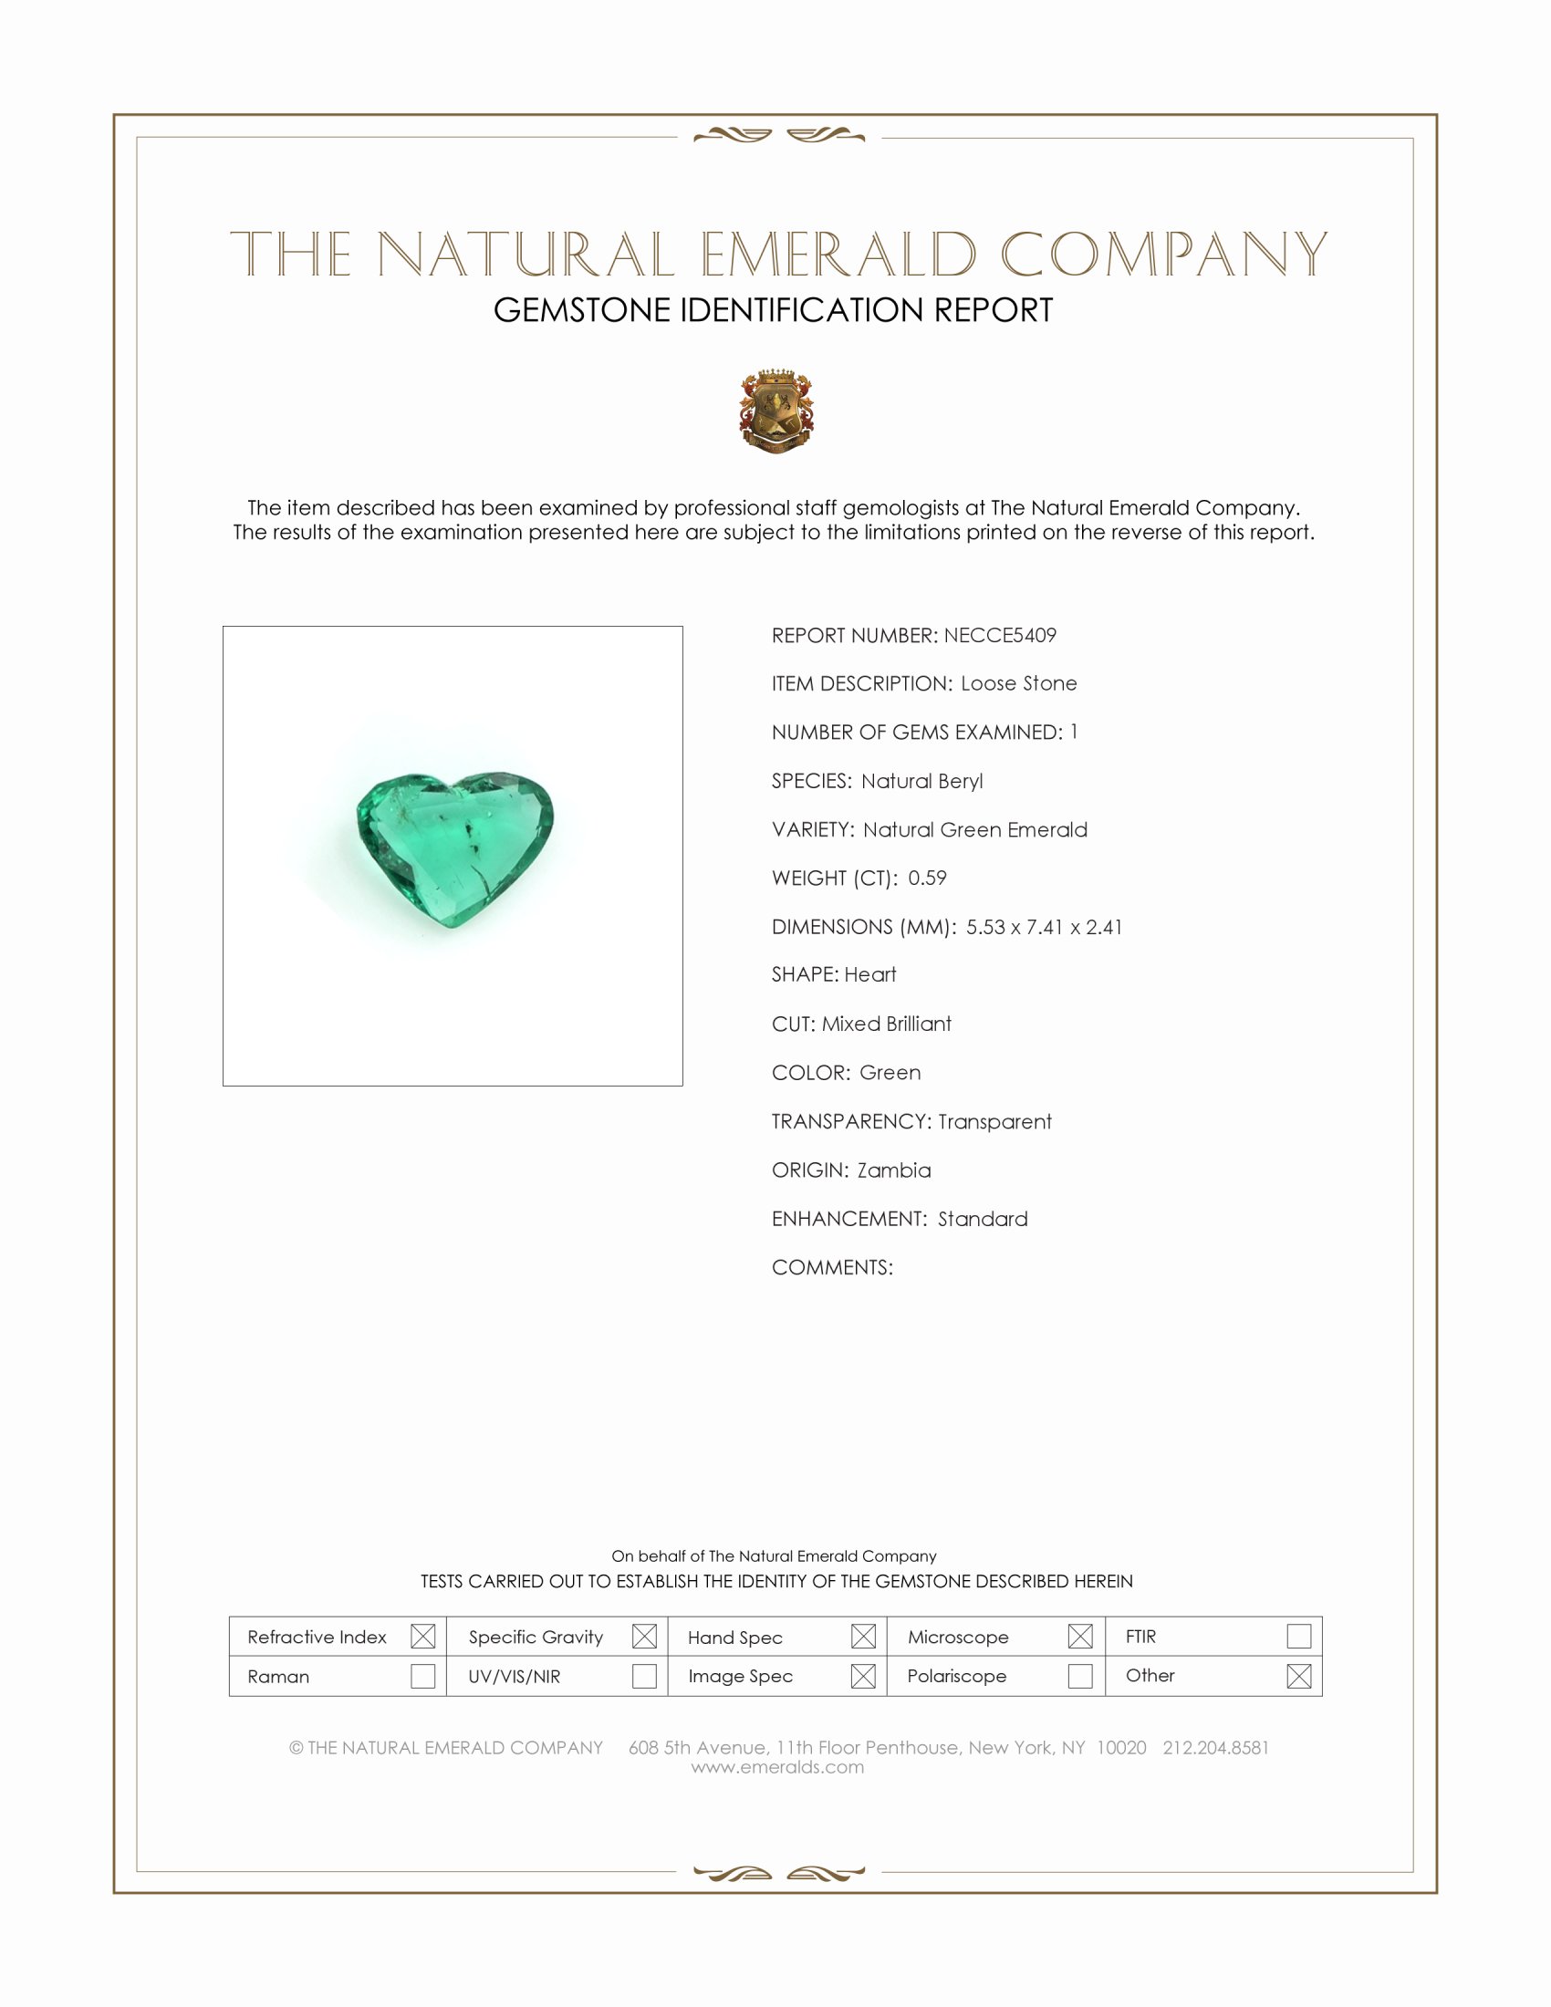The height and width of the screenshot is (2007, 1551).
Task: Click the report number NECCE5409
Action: pos(1000,636)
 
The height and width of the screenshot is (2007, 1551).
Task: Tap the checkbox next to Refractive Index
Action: pos(422,1637)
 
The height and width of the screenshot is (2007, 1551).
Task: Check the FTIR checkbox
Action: pos(1298,1637)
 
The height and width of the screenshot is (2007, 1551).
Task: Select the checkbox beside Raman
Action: pos(422,1676)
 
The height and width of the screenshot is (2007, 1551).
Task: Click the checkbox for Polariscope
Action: pos(1080,1676)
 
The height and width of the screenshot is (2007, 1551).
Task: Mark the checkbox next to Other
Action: pos(1298,1676)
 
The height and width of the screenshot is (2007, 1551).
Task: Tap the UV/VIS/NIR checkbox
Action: pos(644,1676)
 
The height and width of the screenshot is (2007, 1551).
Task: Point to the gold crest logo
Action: pos(776,411)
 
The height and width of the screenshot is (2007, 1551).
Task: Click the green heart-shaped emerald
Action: pos(454,846)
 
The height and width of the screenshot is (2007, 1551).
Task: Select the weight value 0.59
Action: pos(927,879)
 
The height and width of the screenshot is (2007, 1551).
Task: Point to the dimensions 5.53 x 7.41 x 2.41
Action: pos(1044,927)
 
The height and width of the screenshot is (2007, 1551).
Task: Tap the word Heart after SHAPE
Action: pos(870,975)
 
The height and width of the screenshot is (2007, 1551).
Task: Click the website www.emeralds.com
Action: pos(777,1767)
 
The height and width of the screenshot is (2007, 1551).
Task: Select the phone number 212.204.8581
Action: pos(1214,1748)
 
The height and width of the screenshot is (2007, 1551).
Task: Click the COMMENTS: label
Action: pos(831,1268)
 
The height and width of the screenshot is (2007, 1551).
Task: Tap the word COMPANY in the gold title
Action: pos(1163,255)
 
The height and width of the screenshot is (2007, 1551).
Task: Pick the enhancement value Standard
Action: pos(983,1220)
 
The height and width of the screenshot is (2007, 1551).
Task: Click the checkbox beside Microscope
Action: pos(1080,1637)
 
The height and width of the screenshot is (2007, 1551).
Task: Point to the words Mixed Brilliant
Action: pos(887,1024)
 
